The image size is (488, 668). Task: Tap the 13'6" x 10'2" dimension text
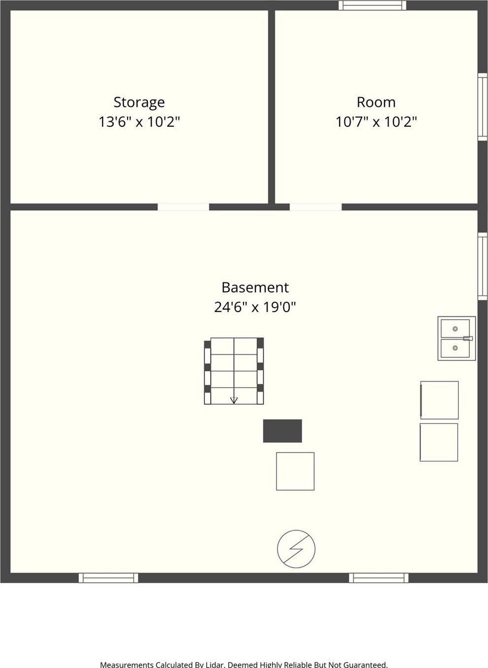(x=139, y=122)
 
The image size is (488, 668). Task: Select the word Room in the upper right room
(x=376, y=102)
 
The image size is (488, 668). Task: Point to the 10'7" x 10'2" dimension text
(x=376, y=122)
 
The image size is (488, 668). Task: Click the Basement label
(x=255, y=287)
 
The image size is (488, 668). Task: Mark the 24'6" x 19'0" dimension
(x=255, y=307)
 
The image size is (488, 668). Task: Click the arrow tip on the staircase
(x=234, y=403)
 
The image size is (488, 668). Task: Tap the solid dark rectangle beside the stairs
(x=282, y=431)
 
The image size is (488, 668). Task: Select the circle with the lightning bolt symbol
(x=296, y=549)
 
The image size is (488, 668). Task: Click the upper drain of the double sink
(x=455, y=329)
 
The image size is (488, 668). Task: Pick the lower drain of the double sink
(x=455, y=348)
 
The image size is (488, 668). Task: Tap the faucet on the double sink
(x=468, y=338)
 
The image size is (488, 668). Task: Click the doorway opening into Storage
(x=183, y=207)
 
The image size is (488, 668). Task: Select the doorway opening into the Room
(x=315, y=207)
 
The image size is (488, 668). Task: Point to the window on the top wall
(x=373, y=5)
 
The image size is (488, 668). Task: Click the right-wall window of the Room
(x=483, y=106)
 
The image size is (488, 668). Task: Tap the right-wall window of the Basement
(x=483, y=266)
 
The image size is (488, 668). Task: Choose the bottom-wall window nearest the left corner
(x=108, y=578)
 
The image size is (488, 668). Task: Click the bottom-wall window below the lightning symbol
(x=379, y=578)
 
